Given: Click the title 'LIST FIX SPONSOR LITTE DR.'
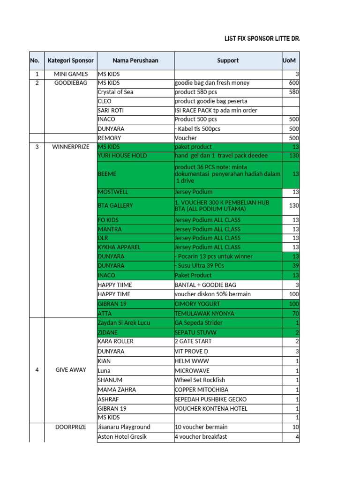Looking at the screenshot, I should pyautogui.click(x=262, y=39).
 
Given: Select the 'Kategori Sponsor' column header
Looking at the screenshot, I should pyautogui.click(x=70, y=60).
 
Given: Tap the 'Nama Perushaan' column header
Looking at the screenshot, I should pyautogui.click(x=135, y=60).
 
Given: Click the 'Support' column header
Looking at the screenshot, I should pyautogui.click(x=228, y=60).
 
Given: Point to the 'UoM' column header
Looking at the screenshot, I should pyautogui.click(x=289, y=60).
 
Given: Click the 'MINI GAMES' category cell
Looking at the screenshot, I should pyautogui.click(x=70, y=74).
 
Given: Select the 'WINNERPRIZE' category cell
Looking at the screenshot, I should pyautogui.click(x=70, y=147).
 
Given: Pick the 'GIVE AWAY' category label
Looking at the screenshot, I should pyautogui.click(x=70, y=370).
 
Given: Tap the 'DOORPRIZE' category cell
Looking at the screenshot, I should pyautogui.click(x=70, y=427).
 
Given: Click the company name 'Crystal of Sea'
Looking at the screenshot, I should pyautogui.click(x=115, y=92).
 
